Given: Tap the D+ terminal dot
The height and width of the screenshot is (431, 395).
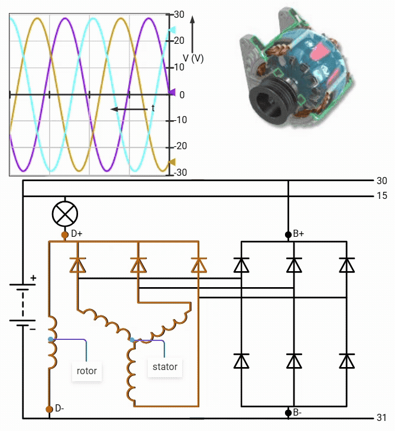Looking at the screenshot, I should (x=64, y=234).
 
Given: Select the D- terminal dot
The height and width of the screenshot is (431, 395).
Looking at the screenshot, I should (x=49, y=409).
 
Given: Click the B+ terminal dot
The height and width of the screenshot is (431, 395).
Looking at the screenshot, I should (x=288, y=234).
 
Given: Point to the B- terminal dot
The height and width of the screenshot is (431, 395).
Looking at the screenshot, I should (x=288, y=411).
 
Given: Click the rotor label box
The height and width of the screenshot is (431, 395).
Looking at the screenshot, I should (x=86, y=372).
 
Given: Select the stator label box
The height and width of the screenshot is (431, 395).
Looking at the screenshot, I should (x=165, y=367).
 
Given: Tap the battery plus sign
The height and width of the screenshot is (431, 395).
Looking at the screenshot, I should (x=33, y=277).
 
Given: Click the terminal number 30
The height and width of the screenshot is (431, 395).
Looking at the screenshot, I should (x=381, y=181).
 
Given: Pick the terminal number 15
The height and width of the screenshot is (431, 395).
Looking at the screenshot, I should (x=381, y=196).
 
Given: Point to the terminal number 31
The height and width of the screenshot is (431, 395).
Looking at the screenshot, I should (x=381, y=417).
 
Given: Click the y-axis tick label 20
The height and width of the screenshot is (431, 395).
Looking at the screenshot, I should (x=179, y=41).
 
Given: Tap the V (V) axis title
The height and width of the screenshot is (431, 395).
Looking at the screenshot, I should (x=193, y=58).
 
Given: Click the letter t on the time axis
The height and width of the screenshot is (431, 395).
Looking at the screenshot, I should (x=153, y=108).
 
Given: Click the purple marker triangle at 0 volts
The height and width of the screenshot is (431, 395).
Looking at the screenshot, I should (x=172, y=93).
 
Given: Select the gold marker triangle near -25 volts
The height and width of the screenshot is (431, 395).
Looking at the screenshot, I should (x=172, y=162).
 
